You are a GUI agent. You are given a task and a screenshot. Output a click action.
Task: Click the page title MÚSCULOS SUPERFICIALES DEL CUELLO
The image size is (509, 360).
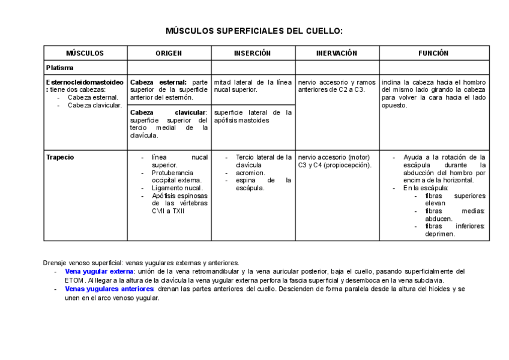tap(254, 31)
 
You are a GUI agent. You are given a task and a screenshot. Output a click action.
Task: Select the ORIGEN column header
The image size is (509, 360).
tap(169, 53)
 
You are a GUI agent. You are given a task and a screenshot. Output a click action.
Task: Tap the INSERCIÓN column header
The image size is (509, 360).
tap(252, 53)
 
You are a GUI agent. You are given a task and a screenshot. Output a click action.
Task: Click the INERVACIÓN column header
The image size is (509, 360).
tap(336, 53)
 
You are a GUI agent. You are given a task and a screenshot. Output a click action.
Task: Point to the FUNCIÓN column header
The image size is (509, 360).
tap(433, 53)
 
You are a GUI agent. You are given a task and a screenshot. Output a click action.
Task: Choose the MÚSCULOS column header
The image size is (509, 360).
tap(85, 53)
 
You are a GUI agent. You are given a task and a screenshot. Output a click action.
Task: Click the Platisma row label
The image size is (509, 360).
tap(60, 68)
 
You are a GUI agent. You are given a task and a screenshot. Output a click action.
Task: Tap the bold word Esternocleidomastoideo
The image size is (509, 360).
tap(85, 82)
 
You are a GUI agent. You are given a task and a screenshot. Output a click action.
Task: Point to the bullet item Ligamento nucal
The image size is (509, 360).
tap(177, 188)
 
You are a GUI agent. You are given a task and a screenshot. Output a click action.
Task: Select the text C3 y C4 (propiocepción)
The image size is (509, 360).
tap(334, 165)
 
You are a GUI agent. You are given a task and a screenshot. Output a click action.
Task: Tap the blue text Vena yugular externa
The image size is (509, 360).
tap(99, 271)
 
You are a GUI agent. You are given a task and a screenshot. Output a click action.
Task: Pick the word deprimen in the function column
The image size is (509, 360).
tap(440, 234)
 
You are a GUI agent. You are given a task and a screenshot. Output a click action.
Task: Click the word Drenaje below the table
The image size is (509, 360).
tap(56, 263)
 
